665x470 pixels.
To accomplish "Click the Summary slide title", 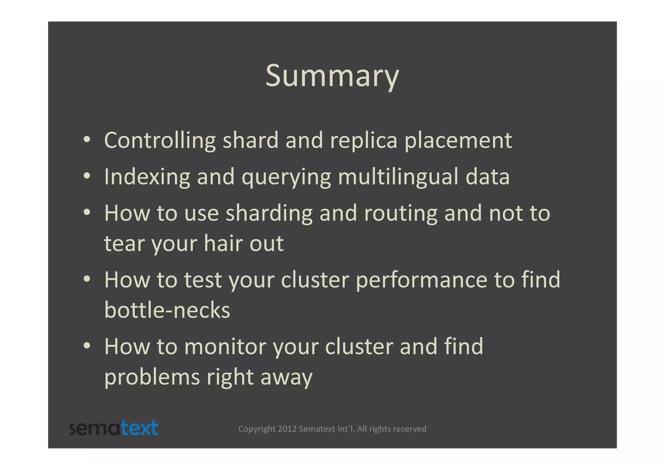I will [332, 76].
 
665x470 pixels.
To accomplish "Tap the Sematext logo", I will [114, 428].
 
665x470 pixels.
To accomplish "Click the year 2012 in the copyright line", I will [287, 429].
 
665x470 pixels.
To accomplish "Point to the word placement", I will [458, 141].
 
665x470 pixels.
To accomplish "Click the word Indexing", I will [147, 177].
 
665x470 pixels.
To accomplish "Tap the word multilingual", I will [398, 177].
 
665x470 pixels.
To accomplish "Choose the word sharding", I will [269, 214].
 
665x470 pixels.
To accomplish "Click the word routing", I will [401, 214].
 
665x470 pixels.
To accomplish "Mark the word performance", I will [421, 280].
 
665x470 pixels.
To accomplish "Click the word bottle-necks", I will [167, 310].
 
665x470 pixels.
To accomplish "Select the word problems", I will [152, 377].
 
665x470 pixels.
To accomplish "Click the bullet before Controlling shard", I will [87, 140].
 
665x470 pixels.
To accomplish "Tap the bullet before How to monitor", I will [87, 346].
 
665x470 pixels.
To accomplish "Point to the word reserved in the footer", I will [410, 429].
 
